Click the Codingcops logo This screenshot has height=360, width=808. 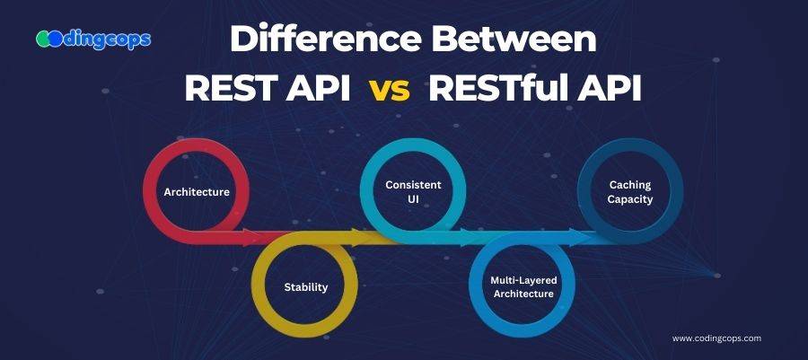pyautogui.click(x=93, y=40)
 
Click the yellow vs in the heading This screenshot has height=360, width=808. pyautogui.click(x=390, y=91)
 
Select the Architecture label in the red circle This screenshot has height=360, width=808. pyautogui.click(x=197, y=192)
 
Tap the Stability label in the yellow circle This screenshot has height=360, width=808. pyautogui.click(x=305, y=287)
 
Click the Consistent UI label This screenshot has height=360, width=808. pyautogui.click(x=413, y=191)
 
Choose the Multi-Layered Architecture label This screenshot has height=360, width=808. pyautogui.click(x=523, y=287)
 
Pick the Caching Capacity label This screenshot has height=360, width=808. pyautogui.click(x=630, y=191)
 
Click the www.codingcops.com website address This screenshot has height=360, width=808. pyautogui.click(x=716, y=338)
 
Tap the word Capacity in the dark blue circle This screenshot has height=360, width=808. pyautogui.click(x=630, y=199)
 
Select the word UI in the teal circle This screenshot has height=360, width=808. pyautogui.click(x=413, y=199)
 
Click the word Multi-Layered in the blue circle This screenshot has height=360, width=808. pyautogui.click(x=523, y=281)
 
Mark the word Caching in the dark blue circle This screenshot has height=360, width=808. pyautogui.click(x=630, y=184)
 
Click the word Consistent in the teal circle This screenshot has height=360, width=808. pyautogui.click(x=413, y=185)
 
